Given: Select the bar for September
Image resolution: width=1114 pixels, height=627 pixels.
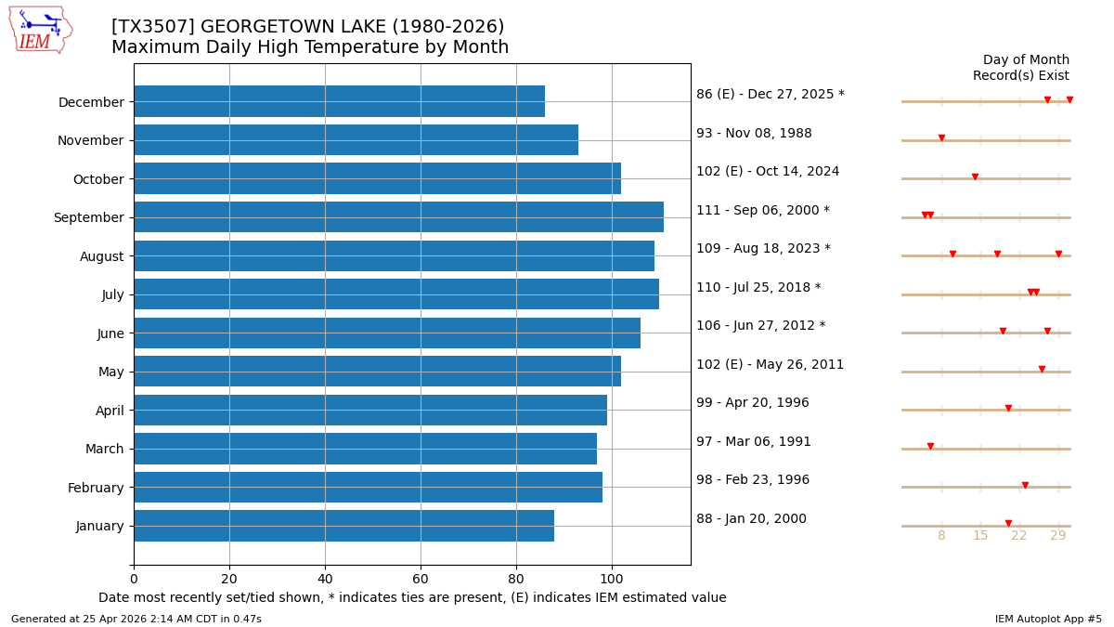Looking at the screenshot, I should (398, 217).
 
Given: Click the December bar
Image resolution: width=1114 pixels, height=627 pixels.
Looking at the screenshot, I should (339, 101).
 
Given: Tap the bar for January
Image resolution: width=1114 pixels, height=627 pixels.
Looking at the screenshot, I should (343, 526).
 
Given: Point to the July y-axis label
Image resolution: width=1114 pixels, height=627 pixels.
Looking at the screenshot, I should (111, 294).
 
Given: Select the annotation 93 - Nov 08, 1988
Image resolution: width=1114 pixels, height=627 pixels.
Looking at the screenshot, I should (754, 133).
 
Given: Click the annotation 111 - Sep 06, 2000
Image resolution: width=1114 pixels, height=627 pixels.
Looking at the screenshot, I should (763, 210).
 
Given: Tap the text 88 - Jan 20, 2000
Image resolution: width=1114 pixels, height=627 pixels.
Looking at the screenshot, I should (751, 518).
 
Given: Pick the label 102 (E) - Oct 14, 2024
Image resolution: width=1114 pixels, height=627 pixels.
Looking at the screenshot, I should (768, 171).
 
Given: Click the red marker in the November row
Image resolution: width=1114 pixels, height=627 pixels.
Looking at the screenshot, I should (941, 138).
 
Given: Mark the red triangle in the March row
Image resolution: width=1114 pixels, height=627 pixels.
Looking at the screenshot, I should (930, 447).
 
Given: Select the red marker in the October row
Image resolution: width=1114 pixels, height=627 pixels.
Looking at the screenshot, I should (975, 176).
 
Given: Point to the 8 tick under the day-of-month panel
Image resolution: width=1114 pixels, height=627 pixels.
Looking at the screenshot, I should (941, 536).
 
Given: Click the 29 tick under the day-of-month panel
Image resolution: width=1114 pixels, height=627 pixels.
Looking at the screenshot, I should (1058, 536).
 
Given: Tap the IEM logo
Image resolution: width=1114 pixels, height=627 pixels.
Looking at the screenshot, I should (41, 30).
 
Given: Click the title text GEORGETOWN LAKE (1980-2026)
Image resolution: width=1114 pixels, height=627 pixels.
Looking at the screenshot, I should (308, 27).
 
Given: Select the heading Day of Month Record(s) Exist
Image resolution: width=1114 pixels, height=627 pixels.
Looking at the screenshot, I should (1020, 68).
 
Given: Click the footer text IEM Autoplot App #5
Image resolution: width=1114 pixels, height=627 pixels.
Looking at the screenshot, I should (1048, 619).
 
